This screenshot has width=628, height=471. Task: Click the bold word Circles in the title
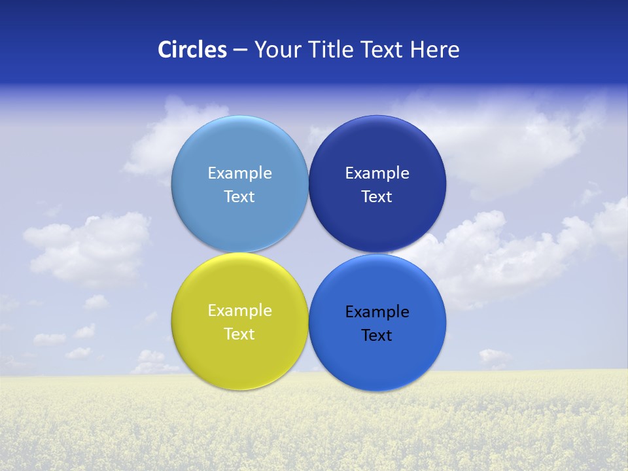pyautogui.click(x=192, y=50)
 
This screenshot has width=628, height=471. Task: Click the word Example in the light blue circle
pyautogui.click(x=239, y=173)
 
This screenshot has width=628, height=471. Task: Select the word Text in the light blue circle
pyautogui.click(x=239, y=196)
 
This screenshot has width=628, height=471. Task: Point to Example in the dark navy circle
pyautogui.click(x=377, y=173)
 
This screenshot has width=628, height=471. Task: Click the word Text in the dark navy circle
pyautogui.click(x=377, y=196)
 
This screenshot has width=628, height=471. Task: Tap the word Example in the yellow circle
pyautogui.click(x=239, y=311)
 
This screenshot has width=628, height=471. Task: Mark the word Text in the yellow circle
pyautogui.click(x=239, y=334)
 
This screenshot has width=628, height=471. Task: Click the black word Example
pyautogui.click(x=377, y=312)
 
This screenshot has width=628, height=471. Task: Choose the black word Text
pyautogui.click(x=377, y=336)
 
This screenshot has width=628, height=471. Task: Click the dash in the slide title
pyautogui.click(x=240, y=50)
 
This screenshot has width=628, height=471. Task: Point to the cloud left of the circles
pyautogui.click(x=88, y=249)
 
